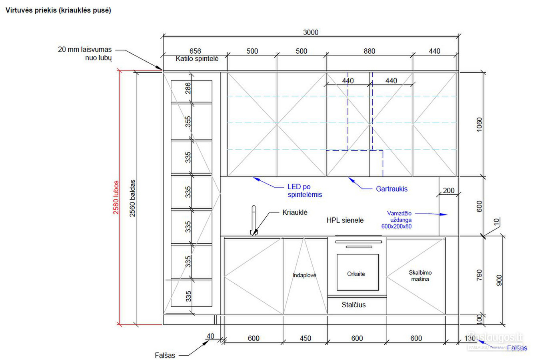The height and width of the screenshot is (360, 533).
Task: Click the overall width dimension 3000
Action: coord(311,32)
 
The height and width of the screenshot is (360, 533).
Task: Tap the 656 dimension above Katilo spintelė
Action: coord(195,51)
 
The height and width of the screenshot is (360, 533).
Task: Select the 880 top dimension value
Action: coord(369,51)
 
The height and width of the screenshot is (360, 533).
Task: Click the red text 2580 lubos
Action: coord(116,197)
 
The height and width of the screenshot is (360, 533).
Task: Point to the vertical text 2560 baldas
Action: coord(132,198)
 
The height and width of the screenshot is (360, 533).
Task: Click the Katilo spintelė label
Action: coord(197,59)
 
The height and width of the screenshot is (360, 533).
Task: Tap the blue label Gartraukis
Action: coord(392,189)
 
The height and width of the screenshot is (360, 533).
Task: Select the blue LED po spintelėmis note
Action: coord(305,190)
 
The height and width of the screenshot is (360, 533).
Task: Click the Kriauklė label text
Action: coord(295,212)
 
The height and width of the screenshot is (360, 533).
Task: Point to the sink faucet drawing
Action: coord(254,220)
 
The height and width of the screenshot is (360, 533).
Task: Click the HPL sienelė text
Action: coord(345,220)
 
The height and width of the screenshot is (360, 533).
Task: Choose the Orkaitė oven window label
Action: coord(356,274)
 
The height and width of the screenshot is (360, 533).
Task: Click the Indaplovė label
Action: coord(304,275)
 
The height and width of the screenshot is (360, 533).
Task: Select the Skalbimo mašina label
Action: coord(420,276)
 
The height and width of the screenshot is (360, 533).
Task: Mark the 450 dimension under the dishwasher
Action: coord(305,338)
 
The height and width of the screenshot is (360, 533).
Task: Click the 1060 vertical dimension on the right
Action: coord(479,124)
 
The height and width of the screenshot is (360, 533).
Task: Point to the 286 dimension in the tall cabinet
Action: coord(188,88)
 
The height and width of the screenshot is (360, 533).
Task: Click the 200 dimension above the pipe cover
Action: coord(449,190)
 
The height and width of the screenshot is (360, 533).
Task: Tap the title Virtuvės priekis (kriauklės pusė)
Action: coord(58,10)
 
